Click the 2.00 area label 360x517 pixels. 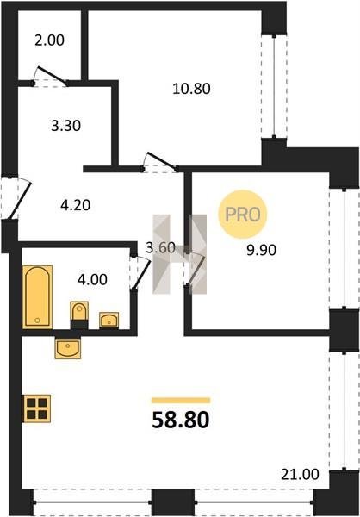[x=49, y=40]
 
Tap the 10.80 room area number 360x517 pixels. [x=191, y=89]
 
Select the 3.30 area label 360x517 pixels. [x=66, y=126]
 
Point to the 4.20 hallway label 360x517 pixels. [x=76, y=205]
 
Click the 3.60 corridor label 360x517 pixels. [x=160, y=247]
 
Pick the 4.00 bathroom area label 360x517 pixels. [x=92, y=279]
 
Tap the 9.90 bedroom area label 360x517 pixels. [x=262, y=250]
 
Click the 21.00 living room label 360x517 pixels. [x=300, y=475]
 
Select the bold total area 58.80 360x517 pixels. [x=181, y=420]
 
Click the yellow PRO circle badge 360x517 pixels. [x=243, y=215]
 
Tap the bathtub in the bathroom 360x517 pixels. [x=38, y=296]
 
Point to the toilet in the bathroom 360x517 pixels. [x=79, y=315]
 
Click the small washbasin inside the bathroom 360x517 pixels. [x=109, y=320]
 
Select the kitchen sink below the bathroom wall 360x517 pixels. [x=67, y=348]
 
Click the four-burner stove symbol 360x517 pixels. [x=36, y=408]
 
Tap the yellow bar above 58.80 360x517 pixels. [x=181, y=401]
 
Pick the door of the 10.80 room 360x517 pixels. [x=161, y=160]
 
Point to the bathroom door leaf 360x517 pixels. [x=140, y=273]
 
